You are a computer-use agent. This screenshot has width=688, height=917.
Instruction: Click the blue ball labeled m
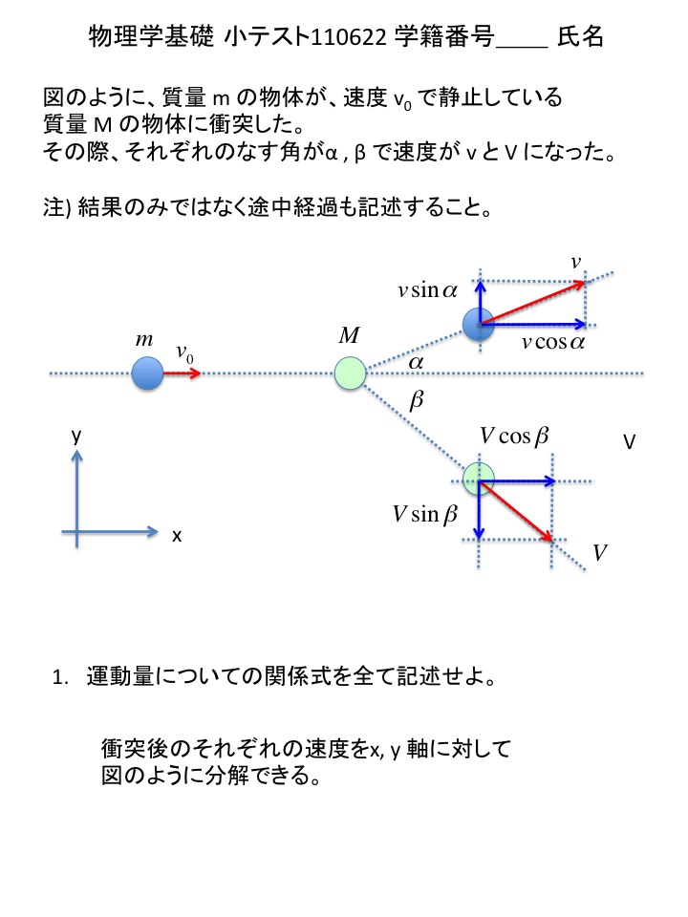[147, 373]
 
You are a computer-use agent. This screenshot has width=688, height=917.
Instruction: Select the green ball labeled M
[350, 373]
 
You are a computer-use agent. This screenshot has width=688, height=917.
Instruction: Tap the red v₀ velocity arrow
[182, 373]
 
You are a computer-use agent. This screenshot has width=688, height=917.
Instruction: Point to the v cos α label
[553, 342]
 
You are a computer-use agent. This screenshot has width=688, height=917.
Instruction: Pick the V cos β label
[514, 436]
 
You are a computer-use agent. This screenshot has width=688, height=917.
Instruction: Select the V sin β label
[424, 515]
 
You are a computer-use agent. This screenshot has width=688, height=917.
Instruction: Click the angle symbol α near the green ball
[416, 363]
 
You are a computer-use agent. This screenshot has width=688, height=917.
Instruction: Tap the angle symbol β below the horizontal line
[416, 400]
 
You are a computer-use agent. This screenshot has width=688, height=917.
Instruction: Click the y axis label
[76, 437]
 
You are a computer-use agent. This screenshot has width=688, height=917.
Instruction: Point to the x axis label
[177, 535]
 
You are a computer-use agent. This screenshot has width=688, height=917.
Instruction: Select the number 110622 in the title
[349, 37]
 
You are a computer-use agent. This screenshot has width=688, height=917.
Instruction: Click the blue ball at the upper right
[479, 324]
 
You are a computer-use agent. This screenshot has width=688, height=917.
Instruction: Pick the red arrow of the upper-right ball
[532, 303]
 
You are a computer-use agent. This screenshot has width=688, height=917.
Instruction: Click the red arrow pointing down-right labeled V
[515, 510]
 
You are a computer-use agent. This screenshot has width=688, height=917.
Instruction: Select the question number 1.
[60, 678]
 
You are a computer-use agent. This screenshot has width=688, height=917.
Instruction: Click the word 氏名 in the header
[580, 36]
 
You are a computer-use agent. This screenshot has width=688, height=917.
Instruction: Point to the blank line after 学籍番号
[522, 46]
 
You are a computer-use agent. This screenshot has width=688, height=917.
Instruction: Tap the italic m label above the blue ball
[144, 339]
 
